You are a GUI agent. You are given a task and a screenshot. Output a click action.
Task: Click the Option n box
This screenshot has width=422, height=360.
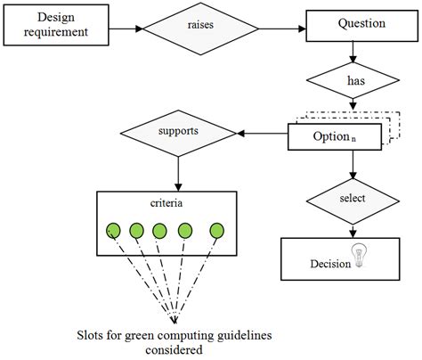point(333,136)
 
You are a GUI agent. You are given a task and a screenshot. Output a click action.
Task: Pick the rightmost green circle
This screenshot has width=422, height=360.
point(215,233)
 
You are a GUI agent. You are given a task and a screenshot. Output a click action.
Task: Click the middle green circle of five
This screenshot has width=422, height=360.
point(159,233)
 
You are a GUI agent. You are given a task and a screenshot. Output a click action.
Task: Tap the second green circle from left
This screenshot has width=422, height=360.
point(135,233)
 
